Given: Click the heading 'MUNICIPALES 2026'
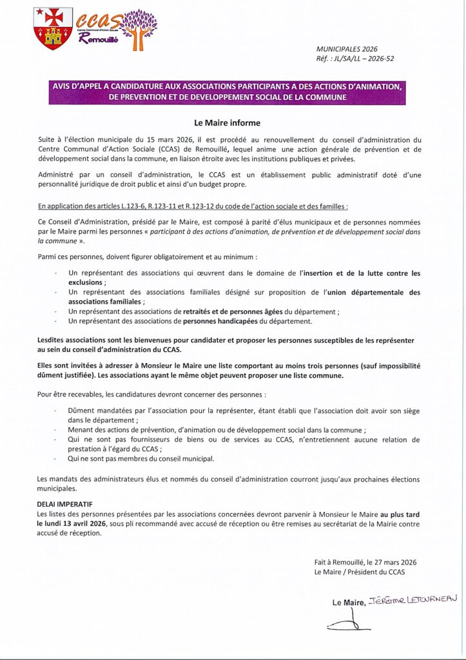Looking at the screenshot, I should tap(347, 49).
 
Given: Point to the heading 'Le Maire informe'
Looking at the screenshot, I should tap(228, 122).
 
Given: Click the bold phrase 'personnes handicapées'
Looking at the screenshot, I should tap(220, 321).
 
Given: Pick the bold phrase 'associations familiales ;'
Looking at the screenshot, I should tap(107, 302).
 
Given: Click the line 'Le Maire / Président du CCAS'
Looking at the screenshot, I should tap(360, 572).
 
